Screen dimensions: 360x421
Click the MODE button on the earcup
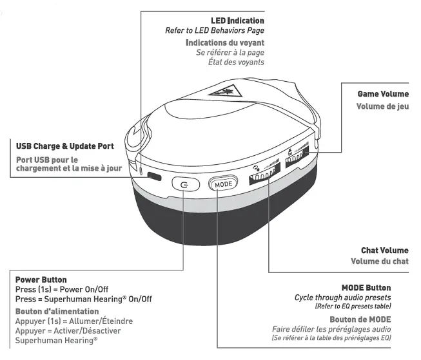224,184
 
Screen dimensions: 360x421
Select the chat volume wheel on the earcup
266,176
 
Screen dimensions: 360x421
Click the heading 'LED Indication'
237,21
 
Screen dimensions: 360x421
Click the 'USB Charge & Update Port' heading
57,147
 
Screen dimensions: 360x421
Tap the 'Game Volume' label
383,94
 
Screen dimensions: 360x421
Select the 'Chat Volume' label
384,250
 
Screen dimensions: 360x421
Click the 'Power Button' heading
41,280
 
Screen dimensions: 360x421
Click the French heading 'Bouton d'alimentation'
55,311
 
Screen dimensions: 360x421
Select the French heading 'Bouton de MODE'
360,319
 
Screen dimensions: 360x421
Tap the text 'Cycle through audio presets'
342,298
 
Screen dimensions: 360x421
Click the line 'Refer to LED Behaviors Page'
215,31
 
